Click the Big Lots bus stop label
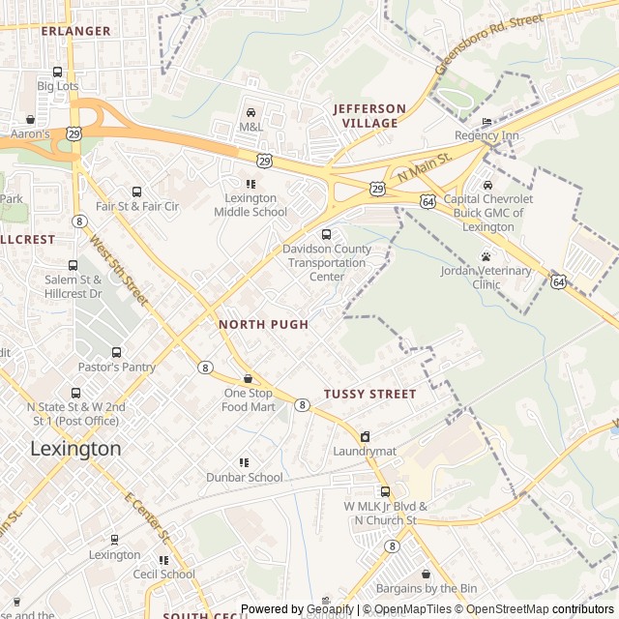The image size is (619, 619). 57,86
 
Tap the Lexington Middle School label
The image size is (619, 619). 251,205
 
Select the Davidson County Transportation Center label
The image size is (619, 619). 327,262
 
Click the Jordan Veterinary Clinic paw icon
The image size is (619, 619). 486,256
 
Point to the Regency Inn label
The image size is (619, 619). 486,136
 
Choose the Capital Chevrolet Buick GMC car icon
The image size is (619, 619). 487,185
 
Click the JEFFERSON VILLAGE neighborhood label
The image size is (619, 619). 369,116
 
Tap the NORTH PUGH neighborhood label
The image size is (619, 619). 264,325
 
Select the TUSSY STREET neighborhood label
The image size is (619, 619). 369,395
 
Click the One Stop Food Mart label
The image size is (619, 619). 249,399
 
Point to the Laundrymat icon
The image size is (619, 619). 365,437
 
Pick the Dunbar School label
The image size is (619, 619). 245,477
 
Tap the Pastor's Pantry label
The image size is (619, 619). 118,368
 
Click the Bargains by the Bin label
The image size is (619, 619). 427,588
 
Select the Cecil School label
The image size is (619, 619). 164,574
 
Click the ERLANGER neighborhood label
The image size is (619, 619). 76,31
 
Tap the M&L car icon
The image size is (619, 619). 251,113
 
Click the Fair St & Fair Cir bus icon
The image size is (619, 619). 136,192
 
